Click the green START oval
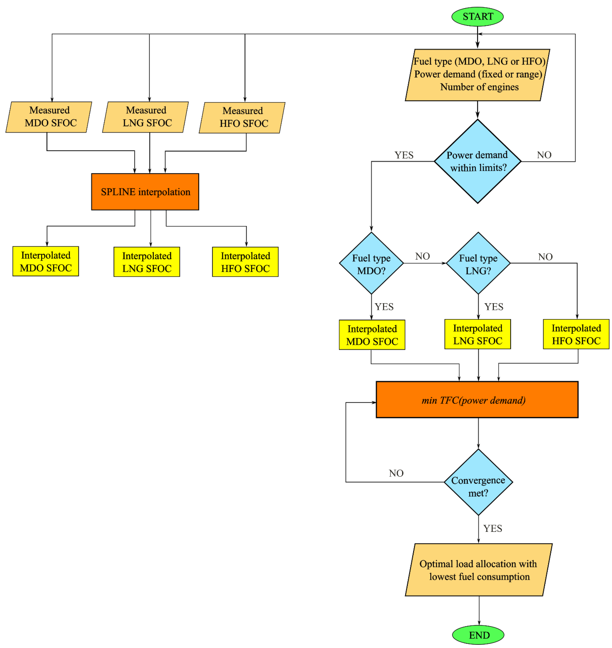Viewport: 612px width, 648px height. pos(477,16)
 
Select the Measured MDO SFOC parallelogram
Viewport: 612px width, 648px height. pos(49,117)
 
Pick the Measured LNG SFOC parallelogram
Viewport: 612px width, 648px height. pos(145,117)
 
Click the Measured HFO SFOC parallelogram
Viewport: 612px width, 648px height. pos(242,117)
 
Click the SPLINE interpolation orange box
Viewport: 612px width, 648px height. pos(145,192)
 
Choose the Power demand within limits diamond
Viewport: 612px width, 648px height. pos(477,161)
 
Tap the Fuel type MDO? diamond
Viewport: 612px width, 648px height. pos(371,263)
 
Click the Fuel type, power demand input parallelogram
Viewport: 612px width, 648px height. pos(477,75)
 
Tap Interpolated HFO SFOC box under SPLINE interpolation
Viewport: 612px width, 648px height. pos(245,262)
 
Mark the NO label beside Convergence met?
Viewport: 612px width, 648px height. pos(396,473)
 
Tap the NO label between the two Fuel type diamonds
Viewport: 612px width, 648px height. pos(423,256)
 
